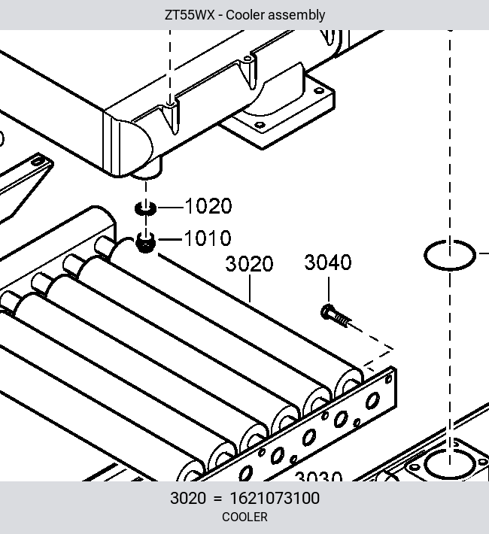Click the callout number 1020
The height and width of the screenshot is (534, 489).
coord(208,205)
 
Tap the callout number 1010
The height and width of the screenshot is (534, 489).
coord(208,238)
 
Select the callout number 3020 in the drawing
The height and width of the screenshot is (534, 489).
coord(250,263)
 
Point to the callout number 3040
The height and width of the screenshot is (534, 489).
coord(328,262)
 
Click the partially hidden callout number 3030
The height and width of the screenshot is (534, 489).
coord(318,476)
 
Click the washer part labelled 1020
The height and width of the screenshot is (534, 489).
coord(146,208)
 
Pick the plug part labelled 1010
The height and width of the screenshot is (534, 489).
coord(145,242)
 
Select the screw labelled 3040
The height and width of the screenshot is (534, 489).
coord(336,316)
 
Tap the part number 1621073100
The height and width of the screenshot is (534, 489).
coord(275,498)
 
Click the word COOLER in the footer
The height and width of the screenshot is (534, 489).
coord(244,517)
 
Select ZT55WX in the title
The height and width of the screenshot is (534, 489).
coord(190,15)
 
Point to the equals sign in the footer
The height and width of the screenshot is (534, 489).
coord(217,499)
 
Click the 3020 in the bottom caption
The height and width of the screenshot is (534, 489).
coord(188,498)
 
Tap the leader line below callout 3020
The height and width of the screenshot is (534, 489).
coord(250,289)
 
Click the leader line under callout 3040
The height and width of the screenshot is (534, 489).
coord(329,290)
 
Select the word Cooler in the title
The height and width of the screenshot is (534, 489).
coord(245,15)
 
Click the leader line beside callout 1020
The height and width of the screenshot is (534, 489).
coord(170,208)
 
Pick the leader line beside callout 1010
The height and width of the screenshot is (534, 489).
coord(170,240)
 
